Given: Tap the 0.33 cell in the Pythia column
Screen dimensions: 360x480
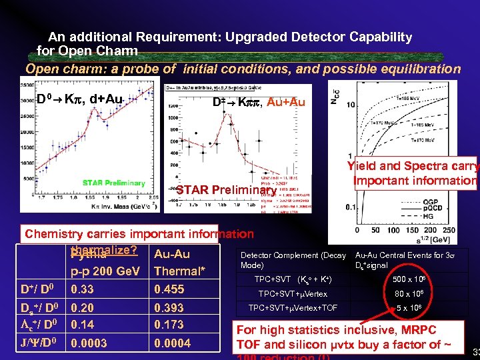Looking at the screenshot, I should (82, 289).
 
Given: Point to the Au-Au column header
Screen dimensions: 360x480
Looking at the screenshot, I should (171, 254).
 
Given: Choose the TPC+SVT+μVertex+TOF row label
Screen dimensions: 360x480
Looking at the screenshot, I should (293, 308).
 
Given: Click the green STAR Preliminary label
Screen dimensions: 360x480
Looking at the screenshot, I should (113, 183).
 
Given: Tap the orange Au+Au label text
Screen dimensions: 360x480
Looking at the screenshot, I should (287, 102).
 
